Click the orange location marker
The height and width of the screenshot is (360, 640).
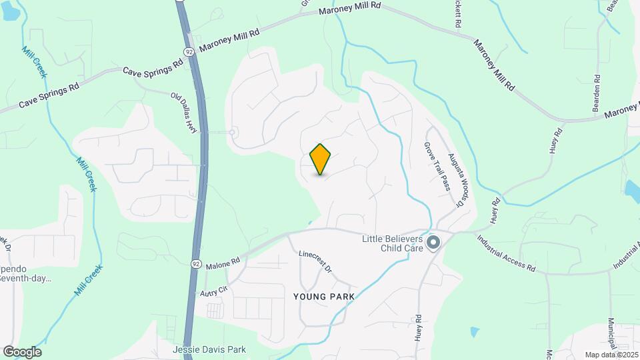(321, 159)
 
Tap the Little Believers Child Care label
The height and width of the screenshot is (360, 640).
(393, 243)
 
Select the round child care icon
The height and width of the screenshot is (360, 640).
(433, 243)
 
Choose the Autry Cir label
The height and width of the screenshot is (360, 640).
(213, 291)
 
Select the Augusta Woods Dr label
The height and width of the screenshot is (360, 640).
(455, 178)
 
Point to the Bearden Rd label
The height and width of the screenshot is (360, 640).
(597, 94)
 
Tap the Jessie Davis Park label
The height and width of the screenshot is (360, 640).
(209, 349)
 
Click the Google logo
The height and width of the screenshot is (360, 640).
(22, 351)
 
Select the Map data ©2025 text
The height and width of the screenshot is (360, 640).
(611, 355)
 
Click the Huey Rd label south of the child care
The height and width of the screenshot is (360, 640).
(419, 328)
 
